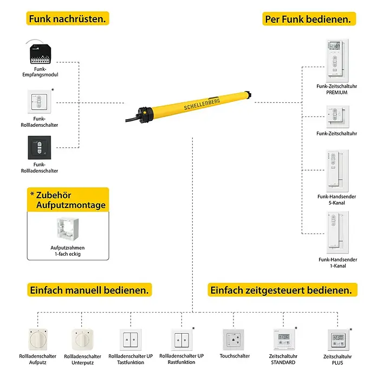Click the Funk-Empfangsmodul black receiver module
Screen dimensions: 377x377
click(x=40, y=54)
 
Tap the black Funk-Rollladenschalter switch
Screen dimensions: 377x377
click(x=40, y=148)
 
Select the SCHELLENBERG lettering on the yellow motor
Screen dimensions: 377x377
click(x=202, y=105)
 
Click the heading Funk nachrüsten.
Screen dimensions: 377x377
click(x=68, y=18)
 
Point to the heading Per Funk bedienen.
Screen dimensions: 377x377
click(x=309, y=19)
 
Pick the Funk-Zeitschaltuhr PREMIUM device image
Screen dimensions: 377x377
click(x=337, y=60)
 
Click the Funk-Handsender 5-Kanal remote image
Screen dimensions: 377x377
click(x=337, y=171)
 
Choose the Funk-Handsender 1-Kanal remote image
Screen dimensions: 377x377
click(x=337, y=232)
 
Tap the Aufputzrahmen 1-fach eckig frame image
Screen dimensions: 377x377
click(x=68, y=229)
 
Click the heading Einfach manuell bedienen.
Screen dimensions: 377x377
click(x=89, y=290)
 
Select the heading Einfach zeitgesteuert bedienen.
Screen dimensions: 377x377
click(x=282, y=290)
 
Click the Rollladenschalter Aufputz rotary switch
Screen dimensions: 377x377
click(x=38, y=340)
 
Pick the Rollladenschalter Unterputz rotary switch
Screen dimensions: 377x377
click(x=82, y=340)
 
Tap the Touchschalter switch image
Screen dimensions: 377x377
click(x=233, y=340)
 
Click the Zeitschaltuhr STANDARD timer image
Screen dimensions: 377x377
click(x=284, y=339)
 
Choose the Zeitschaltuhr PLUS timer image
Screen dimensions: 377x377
click(x=339, y=340)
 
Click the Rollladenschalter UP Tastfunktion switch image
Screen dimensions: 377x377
click(x=131, y=340)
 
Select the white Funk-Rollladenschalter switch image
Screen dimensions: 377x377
click(x=40, y=102)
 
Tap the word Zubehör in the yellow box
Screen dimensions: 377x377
click(x=54, y=195)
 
